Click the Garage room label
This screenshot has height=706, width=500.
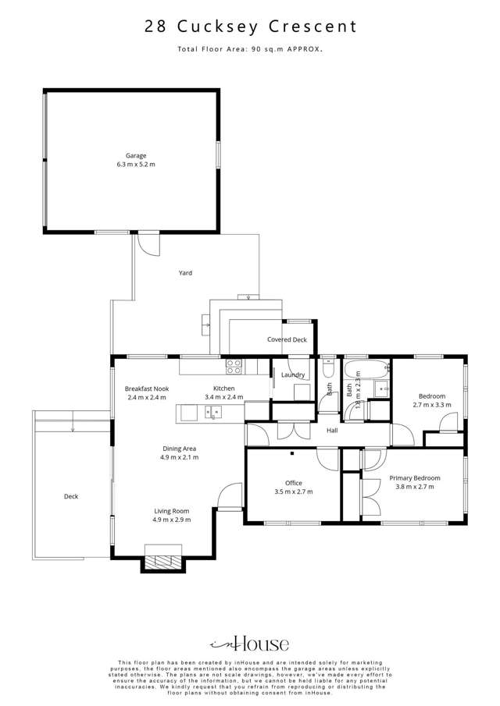click(136, 156)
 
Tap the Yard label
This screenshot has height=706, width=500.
click(185, 273)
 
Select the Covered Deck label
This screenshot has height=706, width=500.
click(287, 339)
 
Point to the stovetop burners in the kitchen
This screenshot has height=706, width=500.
click(234, 367)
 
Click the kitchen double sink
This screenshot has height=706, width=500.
click(212, 412)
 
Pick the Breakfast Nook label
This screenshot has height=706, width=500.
click(147, 388)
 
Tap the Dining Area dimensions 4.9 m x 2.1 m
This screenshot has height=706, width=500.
click(180, 457)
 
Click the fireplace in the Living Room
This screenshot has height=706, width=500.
click(163, 560)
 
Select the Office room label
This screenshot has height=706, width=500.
click(294, 483)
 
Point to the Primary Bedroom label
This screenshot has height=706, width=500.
click(415, 478)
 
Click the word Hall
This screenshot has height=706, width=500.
click(332, 431)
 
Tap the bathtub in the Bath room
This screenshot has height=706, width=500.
click(366, 370)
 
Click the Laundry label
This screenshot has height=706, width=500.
click(293, 374)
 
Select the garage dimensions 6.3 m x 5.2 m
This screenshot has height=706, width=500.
click(136, 165)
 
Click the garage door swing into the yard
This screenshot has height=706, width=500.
click(148, 243)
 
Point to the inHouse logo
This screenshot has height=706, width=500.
click(249, 644)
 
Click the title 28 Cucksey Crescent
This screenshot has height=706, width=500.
click(250, 26)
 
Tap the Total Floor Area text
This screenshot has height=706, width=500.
click(250, 49)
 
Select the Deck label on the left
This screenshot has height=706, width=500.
click(71, 496)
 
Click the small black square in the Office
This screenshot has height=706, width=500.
click(292, 453)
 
